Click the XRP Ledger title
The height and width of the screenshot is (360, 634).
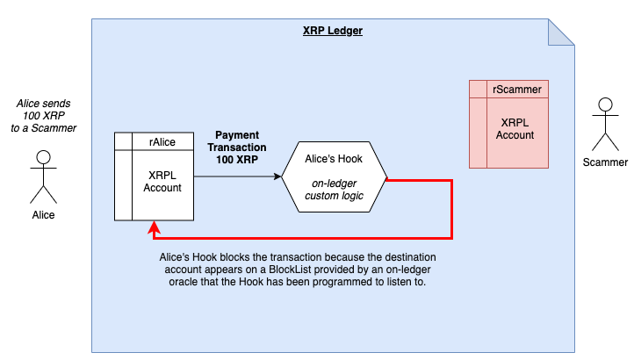(x=333, y=31)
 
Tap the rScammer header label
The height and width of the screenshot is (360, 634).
(x=516, y=89)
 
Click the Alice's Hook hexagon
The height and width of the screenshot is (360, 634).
(x=334, y=176)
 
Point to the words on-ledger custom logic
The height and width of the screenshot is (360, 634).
(x=334, y=189)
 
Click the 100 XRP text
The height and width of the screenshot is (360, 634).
(x=237, y=162)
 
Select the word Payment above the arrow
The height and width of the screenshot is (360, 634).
(x=237, y=135)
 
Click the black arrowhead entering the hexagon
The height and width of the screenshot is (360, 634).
(x=277, y=176)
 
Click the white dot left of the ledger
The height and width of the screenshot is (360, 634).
(x=43, y=157)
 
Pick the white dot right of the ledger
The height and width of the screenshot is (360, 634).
(x=605, y=104)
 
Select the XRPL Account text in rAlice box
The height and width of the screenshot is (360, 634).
(x=162, y=181)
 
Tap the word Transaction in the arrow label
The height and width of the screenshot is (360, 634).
(x=237, y=148)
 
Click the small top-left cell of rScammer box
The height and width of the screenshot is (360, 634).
(x=478, y=89)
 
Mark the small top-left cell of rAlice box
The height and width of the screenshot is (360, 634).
(x=123, y=141)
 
